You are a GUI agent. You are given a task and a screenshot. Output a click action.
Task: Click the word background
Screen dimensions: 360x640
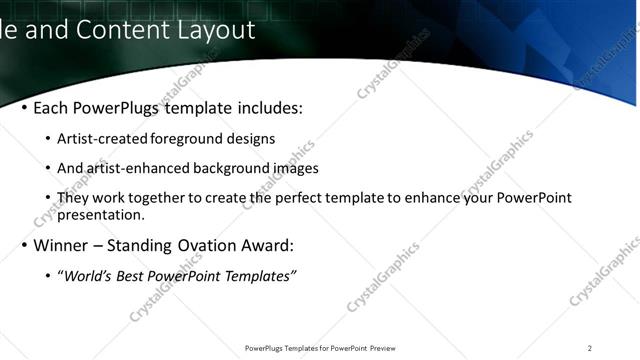pyautogui.click(x=232, y=168)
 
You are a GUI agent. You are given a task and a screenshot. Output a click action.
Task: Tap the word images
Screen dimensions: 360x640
pyautogui.click(x=296, y=168)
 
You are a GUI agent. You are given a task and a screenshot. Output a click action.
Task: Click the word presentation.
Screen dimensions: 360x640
pyautogui.click(x=101, y=214)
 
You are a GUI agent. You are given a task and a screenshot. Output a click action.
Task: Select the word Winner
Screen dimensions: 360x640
pyautogui.click(x=61, y=245)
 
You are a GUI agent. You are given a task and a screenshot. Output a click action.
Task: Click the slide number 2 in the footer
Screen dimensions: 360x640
pyautogui.click(x=590, y=348)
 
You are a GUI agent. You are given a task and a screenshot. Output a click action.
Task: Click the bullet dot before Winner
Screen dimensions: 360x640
pyautogui.click(x=23, y=245)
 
